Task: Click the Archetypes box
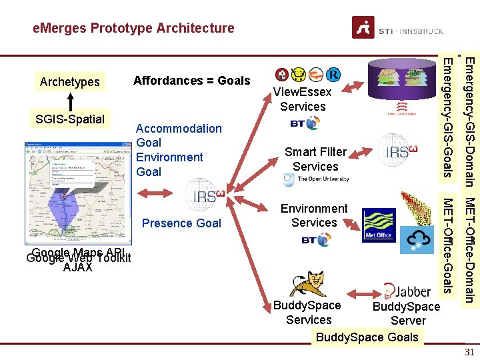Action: coord(69,82)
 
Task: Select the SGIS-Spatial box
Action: coord(69,119)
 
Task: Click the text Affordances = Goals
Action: coord(192,81)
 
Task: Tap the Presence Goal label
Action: coord(181,223)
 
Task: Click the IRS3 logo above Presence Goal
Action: coord(204,193)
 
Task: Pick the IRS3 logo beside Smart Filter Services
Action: coord(397,151)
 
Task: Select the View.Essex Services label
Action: coord(303,99)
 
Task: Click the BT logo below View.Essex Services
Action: coord(305,124)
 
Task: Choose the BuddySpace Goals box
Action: coord(367,337)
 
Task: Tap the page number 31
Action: coord(469,352)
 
